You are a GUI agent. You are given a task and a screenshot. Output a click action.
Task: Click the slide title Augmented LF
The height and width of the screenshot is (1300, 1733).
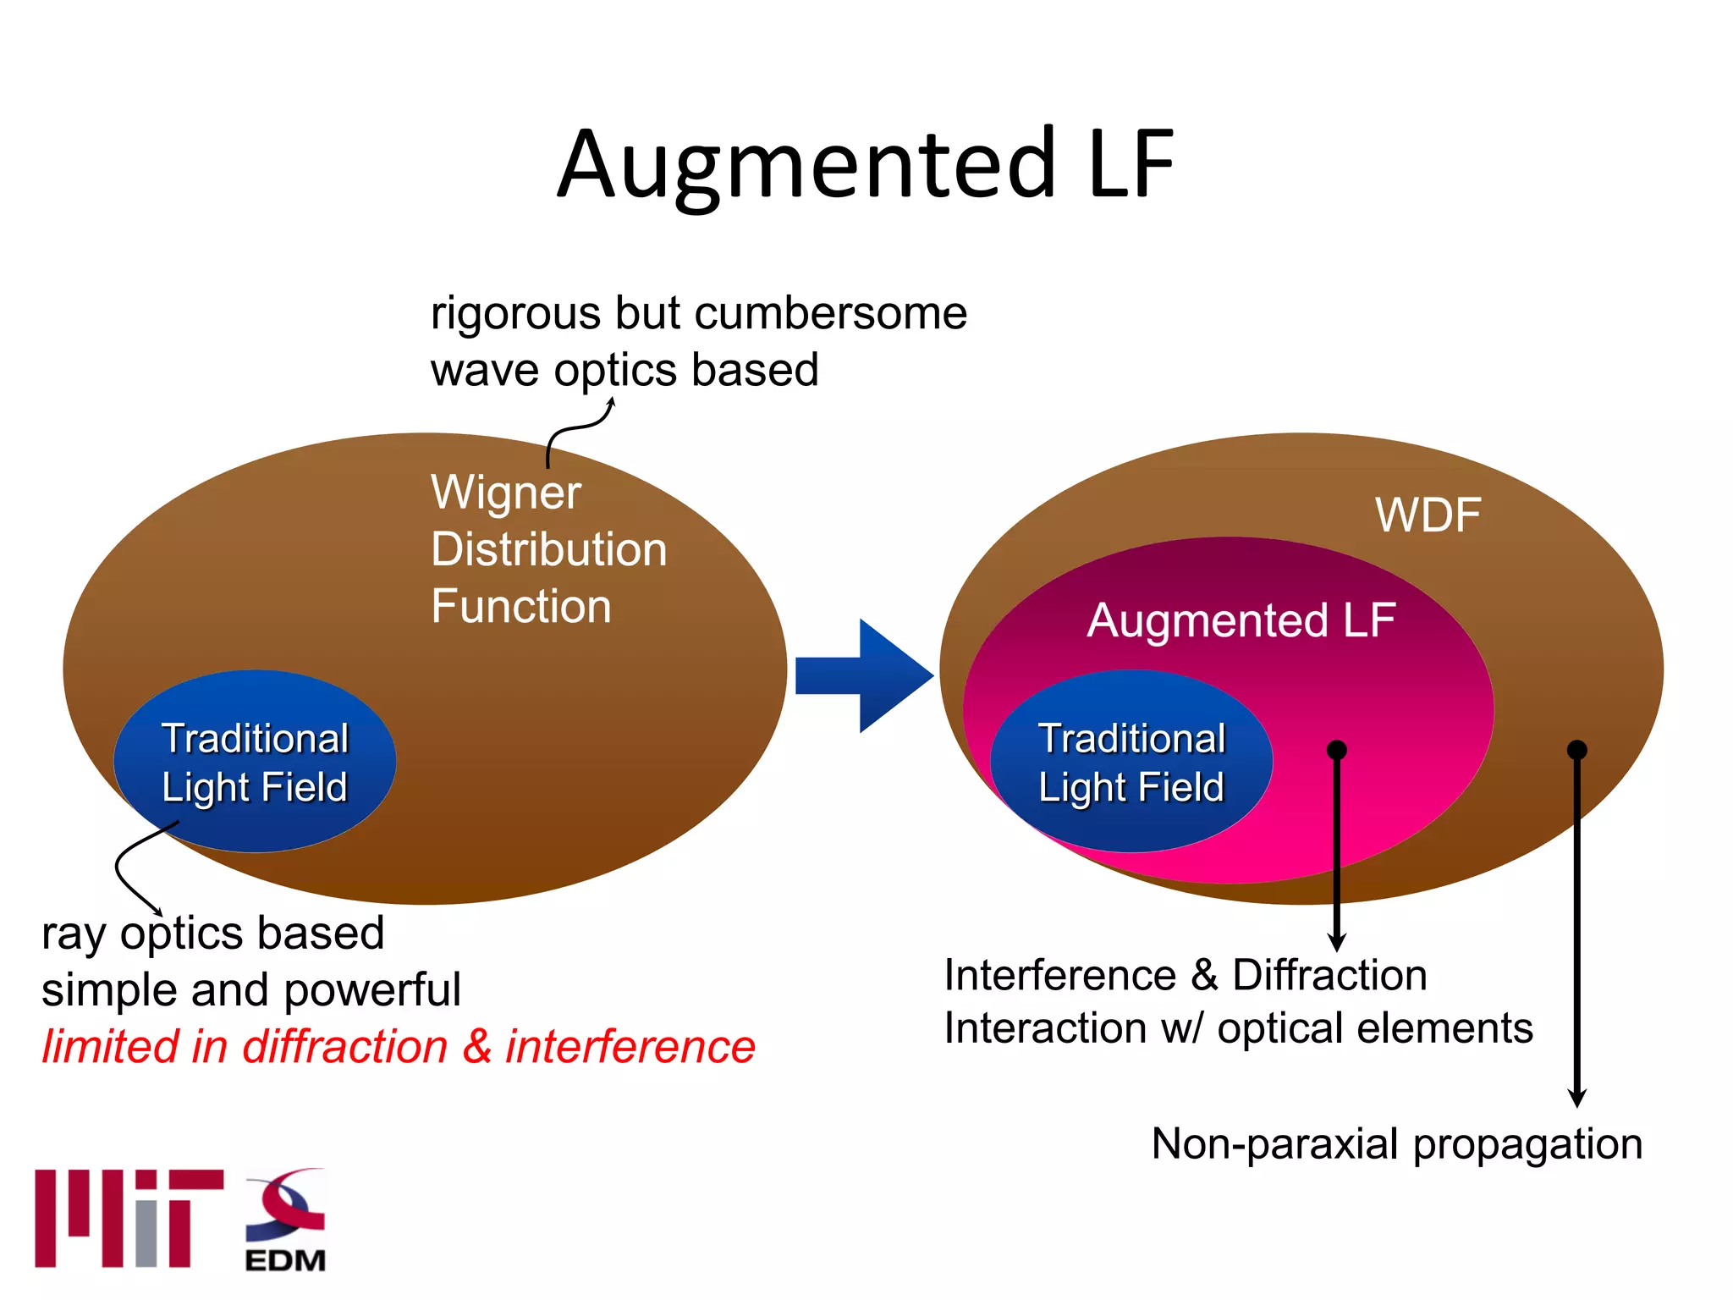pos(866,165)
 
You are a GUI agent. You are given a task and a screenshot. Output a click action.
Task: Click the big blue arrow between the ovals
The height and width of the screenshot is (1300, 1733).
pos(863,675)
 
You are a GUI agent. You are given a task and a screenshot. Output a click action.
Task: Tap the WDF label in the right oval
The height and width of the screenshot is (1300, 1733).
pos(1428,515)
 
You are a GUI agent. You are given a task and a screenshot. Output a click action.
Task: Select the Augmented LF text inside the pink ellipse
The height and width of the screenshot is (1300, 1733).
pos(1241,620)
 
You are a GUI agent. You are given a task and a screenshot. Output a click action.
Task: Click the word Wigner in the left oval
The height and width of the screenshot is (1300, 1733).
pos(505,493)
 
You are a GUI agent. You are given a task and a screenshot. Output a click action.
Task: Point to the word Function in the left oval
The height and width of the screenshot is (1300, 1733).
pos(520,606)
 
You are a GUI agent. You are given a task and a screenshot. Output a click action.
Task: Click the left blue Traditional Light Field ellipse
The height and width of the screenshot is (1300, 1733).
pos(255,762)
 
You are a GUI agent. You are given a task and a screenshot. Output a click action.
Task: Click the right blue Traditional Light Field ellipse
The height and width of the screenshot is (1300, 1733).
pos(1131,762)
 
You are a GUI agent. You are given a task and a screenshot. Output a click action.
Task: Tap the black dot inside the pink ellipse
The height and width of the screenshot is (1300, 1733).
pos(1337,750)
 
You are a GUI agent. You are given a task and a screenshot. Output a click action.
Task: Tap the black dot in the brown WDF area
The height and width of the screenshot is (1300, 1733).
pos(1576,750)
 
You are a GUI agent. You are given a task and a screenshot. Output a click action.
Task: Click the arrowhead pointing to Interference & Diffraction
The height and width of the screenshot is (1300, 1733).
pos(1337,941)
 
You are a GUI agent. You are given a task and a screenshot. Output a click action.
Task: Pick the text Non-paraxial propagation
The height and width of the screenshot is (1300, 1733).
pos(1396,1144)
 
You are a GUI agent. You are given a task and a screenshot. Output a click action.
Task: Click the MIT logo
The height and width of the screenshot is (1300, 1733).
pos(129,1219)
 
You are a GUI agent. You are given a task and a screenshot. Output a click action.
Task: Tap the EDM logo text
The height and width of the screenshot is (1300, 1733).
pos(285,1260)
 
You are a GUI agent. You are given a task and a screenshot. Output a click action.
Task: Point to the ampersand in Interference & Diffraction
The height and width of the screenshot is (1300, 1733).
pos(1204,975)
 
